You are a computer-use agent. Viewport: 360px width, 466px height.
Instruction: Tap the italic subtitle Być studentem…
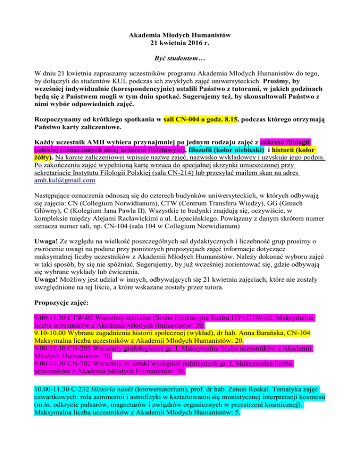[x=180, y=60]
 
